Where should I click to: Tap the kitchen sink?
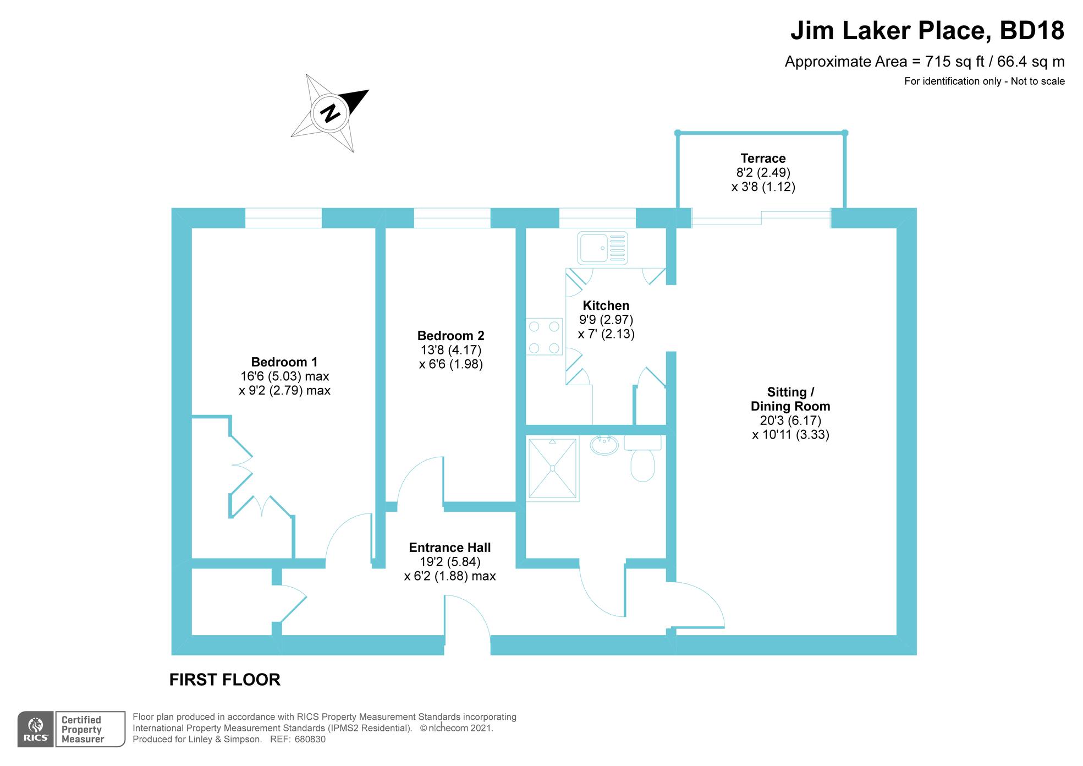pos(602,248)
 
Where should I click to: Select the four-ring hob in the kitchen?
pos(544,337)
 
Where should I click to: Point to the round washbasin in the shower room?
pos(604,445)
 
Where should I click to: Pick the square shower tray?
pos(552,468)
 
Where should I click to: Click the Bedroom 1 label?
pos(284,362)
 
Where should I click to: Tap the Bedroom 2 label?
pos(450,336)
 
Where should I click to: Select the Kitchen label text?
pos(606,305)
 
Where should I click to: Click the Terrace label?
pos(763,158)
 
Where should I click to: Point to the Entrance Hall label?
pos(450,548)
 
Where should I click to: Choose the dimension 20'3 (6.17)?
pos(790,420)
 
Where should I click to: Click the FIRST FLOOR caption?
pos(225,680)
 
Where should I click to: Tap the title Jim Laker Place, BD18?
pos(927,31)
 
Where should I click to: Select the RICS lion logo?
pos(36,729)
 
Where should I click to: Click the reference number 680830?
pos(310,739)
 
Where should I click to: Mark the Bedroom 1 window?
pos(283,218)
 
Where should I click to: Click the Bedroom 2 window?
pos(452,218)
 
